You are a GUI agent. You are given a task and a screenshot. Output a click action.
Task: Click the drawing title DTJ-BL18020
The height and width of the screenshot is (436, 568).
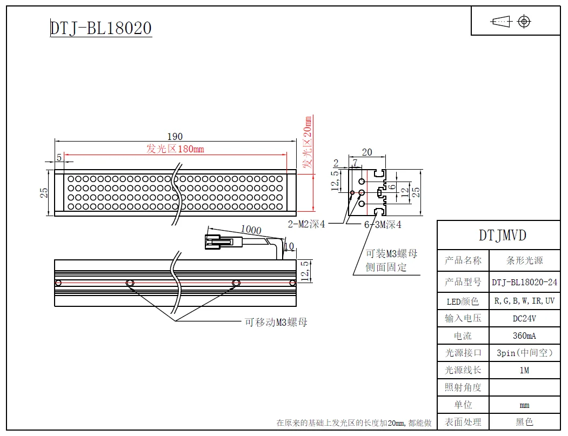click(101, 28)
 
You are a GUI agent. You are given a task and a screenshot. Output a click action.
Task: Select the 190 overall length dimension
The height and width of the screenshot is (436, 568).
click(175, 137)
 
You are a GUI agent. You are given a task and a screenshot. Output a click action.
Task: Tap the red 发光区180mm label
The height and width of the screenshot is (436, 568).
click(175, 149)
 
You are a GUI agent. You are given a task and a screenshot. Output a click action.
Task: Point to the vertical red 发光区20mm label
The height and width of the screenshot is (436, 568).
click(308, 144)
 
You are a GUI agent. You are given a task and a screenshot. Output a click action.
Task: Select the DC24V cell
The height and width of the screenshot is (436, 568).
click(524, 318)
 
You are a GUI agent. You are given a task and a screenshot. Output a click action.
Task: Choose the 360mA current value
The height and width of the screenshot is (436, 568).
click(524, 336)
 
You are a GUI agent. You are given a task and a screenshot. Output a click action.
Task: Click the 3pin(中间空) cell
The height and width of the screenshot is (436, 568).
click(524, 353)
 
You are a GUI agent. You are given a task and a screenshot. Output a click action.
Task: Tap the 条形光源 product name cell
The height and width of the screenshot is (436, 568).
click(524, 260)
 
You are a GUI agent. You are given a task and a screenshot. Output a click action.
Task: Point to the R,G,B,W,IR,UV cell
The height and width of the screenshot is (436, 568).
click(524, 301)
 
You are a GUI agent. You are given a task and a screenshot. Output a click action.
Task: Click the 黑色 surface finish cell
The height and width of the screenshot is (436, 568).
click(524, 422)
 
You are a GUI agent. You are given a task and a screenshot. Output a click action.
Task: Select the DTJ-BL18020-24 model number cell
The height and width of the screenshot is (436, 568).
click(524, 282)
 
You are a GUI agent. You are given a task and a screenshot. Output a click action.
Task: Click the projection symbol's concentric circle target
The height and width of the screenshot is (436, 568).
click(523, 22)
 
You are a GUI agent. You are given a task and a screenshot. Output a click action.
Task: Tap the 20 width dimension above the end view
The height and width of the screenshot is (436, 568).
click(367, 153)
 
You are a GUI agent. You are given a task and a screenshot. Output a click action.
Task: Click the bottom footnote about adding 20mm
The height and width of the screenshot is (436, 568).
click(354, 423)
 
